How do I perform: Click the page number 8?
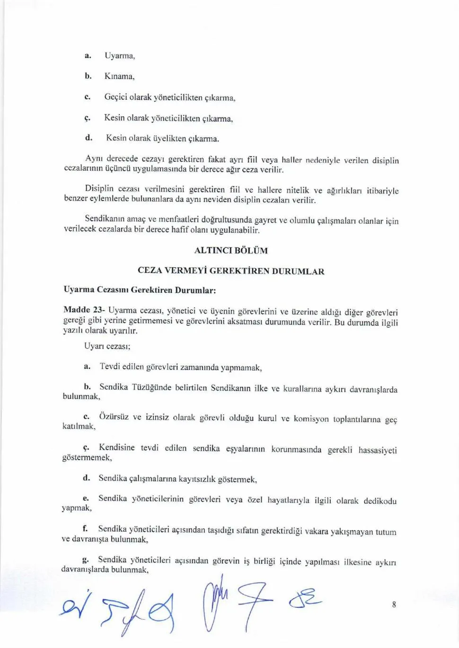pyautogui.click(x=394, y=604)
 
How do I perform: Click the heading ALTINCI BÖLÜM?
pyautogui.click(x=231, y=250)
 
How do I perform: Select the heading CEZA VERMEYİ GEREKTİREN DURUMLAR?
pyautogui.click(x=231, y=271)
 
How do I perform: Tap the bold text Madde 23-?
pyautogui.click(x=84, y=310)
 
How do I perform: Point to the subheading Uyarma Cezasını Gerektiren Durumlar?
pyautogui.click(x=140, y=289)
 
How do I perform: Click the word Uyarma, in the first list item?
pyautogui.click(x=120, y=56)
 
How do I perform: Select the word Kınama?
pyautogui.click(x=120, y=76)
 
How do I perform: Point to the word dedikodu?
pyautogui.click(x=380, y=501)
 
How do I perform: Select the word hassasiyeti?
pyautogui.click(x=378, y=450)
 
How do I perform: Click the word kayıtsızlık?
pyautogui.click(x=197, y=479)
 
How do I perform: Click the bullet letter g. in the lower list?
pyautogui.click(x=85, y=560)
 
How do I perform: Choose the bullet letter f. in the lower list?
pyautogui.click(x=85, y=528)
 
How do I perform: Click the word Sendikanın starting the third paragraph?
pyautogui.click(x=105, y=219)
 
